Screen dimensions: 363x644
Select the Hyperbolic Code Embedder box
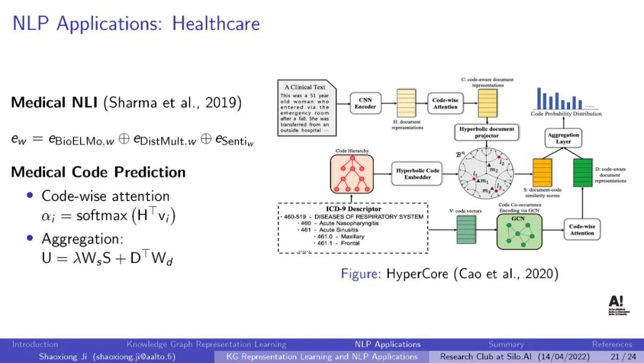click(x=418, y=173)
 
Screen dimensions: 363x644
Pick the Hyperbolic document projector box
click(x=487, y=133)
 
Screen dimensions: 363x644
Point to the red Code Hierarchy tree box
click(x=352, y=174)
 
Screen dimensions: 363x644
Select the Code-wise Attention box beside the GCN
click(x=582, y=230)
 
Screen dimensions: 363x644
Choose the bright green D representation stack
click(x=581, y=174)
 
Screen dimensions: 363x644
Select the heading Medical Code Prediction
click(x=98, y=172)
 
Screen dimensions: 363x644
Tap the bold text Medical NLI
click(x=55, y=103)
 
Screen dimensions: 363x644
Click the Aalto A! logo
click(x=615, y=302)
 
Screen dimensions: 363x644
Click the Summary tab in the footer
click(x=506, y=344)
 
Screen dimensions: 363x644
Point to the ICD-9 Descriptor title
click(x=352, y=209)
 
